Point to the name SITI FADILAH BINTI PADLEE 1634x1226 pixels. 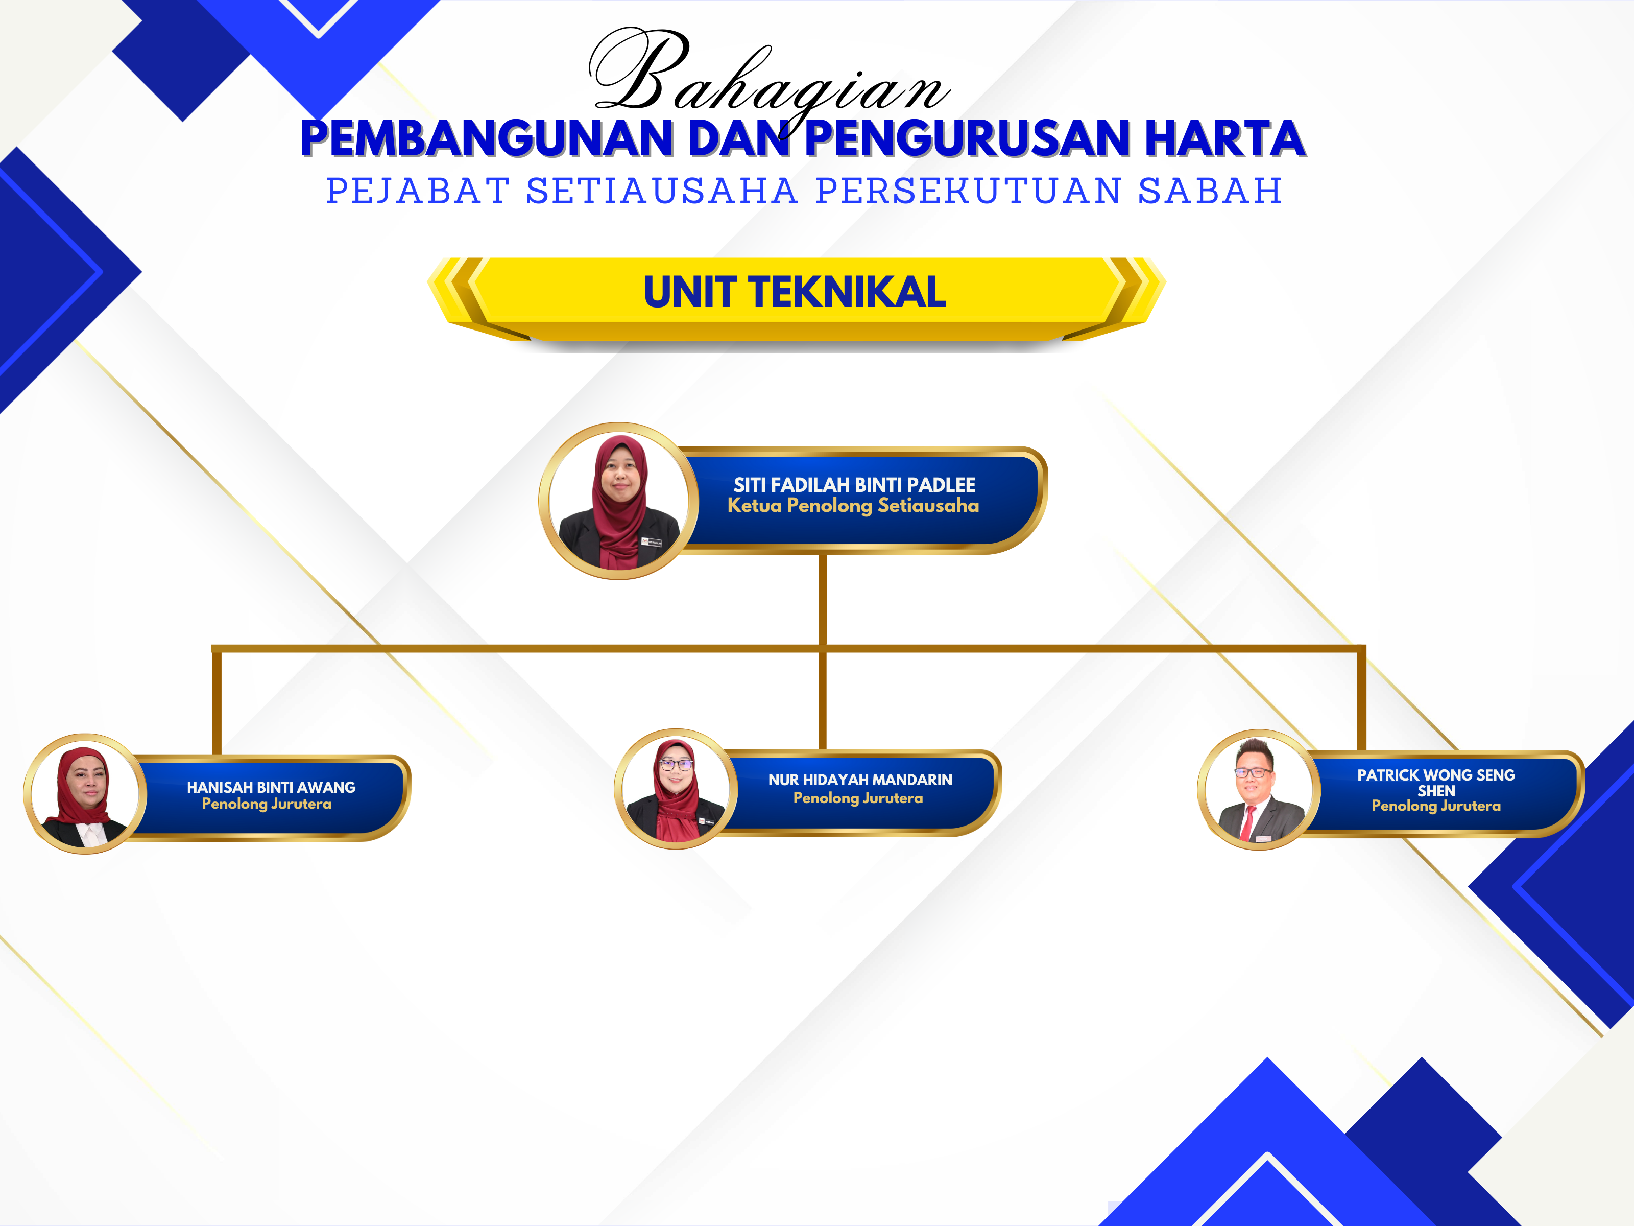tap(854, 485)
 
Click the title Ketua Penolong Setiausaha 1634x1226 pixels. tap(853, 506)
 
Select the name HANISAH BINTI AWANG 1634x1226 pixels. tap(271, 788)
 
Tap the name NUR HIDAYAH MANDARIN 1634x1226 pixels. tap(860, 780)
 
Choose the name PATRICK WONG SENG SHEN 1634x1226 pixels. tap(1436, 783)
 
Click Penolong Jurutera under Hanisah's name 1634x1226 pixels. tap(267, 804)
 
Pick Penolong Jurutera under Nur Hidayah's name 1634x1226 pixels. tap(858, 798)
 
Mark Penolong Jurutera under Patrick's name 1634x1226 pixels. tap(1436, 806)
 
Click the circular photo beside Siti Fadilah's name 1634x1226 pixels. tap(619, 501)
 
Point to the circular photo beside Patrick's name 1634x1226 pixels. tap(1259, 789)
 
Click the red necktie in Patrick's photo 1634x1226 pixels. tap(1247, 823)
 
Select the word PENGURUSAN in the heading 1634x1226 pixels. tap(968, 139)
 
